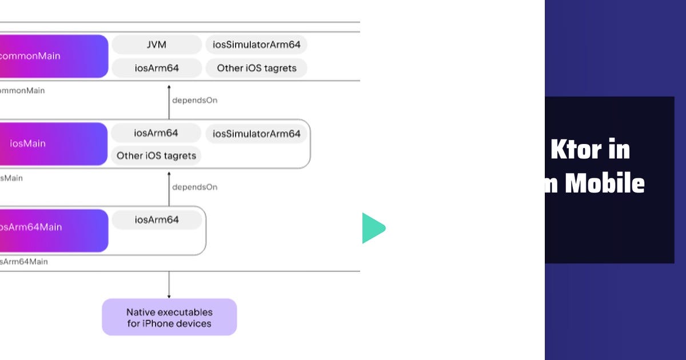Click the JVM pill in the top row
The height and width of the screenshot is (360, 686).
[157, 45]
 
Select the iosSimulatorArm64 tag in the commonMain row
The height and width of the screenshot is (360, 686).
[256, 45]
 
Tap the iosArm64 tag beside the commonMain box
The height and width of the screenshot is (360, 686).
[157, 68]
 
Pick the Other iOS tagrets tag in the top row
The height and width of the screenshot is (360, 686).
[256, 68]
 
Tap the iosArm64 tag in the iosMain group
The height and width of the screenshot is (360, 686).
[156, 133]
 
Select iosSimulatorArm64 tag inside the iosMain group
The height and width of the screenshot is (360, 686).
[256, 134]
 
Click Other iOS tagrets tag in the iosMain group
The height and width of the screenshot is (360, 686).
[156, 155]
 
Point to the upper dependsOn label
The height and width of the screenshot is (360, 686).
[194, 100]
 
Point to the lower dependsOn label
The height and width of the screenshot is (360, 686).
[194, 187]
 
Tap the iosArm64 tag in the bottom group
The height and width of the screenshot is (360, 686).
[157, 220]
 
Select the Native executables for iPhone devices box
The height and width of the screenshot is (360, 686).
[169, 317]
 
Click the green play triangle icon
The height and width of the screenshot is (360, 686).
[372, 229]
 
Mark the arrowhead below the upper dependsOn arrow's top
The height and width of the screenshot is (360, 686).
[169, 86]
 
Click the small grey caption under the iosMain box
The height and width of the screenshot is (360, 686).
[11, 178]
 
